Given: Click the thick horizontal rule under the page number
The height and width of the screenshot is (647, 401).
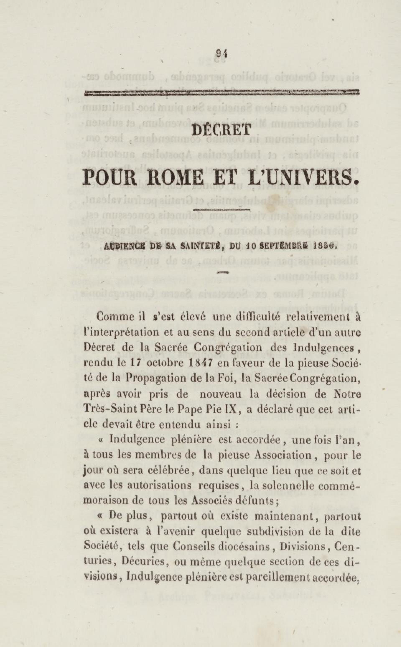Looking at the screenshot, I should pyautogui.click(x=222, y=93).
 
